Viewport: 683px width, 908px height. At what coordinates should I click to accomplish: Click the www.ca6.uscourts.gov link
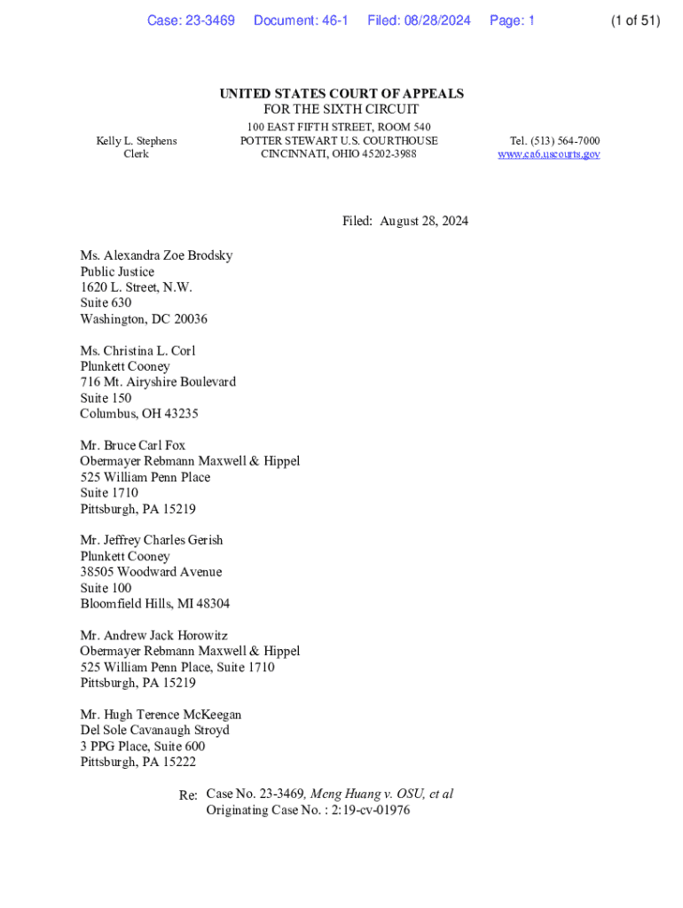(x=548, y=154)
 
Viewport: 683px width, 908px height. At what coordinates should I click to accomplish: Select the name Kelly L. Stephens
(x=137, y=141)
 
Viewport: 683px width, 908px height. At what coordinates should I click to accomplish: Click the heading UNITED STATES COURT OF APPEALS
(x=341, y=94)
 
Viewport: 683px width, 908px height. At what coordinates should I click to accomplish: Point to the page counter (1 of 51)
(x=635, y=20)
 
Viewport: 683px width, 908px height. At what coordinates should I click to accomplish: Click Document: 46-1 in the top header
(x=301, y=20)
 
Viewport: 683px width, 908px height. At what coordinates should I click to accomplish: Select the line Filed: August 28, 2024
(x=405, y=221)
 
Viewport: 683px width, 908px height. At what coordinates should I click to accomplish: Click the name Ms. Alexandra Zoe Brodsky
(x=156, y=255)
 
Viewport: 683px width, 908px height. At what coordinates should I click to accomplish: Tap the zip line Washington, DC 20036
(x=144, y=319)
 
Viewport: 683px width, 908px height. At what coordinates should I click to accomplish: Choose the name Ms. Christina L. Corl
(x=137, y=351)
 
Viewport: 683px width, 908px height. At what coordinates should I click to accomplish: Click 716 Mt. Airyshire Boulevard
(x=158, y=382)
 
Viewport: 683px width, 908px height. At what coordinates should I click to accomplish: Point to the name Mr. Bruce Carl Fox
(x=133, y=446)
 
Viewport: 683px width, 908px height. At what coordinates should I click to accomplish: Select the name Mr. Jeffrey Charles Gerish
(x=152, y=541)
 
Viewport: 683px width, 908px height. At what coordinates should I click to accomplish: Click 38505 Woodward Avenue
(x=151, y=572)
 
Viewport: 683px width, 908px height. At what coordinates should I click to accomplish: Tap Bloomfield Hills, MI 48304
(x=154, y=604)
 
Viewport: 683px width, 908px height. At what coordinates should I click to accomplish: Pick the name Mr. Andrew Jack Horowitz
(x=153, y=636)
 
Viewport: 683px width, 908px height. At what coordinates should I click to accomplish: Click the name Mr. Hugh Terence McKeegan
(x=161, y=715)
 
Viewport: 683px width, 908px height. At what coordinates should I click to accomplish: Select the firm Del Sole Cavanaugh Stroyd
(x=154, y=731)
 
